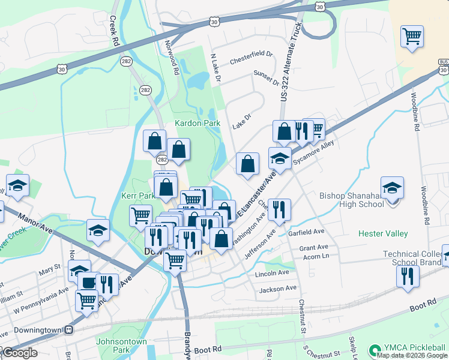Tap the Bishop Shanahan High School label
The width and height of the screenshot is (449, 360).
click(x=352, y=200)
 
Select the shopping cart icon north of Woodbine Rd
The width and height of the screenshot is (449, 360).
click(x=412, y=37)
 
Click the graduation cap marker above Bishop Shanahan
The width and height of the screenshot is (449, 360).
click(x=392, y=187)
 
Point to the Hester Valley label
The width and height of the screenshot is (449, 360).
click(x=383, y=233)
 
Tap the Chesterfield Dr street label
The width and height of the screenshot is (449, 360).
click(x=251, y=58)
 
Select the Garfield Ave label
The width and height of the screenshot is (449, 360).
click(x=306, y=232)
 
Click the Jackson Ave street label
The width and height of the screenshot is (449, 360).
click(x=278, y=289)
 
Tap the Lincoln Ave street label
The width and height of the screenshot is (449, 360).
click(x=272, y=273)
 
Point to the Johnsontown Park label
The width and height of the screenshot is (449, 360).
click(x=121, y=346)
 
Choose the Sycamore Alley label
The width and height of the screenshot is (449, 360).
click(x=313, y=155)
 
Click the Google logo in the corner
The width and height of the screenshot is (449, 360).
click(x=20, y=353)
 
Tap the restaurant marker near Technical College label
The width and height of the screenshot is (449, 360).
click(x=407, y=276)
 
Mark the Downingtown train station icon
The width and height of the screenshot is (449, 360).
click(x=69, y=329)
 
